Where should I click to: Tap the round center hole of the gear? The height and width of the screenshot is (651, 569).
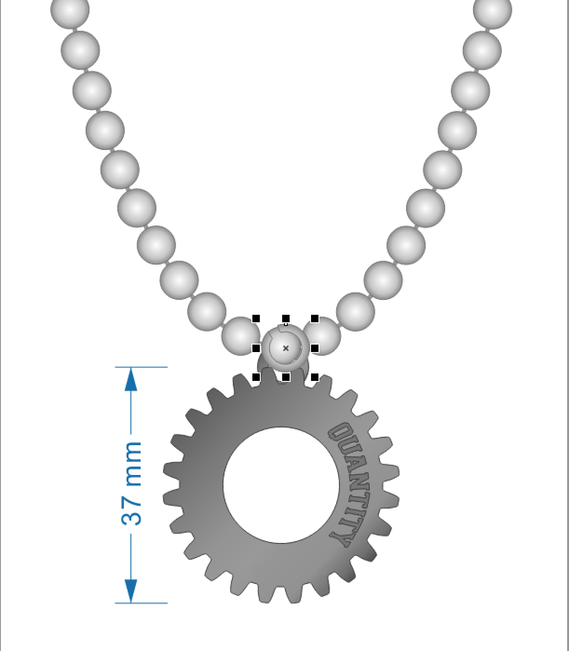[281, 485]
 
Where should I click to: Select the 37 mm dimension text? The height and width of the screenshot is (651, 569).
[132, 484]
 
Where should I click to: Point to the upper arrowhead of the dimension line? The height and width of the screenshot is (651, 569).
[131, 379]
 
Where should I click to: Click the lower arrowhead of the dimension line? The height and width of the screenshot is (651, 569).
[131, 591]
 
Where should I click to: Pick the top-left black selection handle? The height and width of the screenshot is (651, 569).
[256, 319]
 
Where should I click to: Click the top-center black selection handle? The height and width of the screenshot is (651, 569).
[286, 319]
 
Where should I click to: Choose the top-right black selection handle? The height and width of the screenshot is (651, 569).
[315, 319]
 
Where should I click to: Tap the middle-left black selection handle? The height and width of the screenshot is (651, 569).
[256, 348]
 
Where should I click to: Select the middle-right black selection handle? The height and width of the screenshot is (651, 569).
[315, 348]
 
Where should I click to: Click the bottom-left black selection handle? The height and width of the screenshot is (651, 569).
[256, 377]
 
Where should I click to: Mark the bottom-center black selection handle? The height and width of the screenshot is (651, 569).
[286, 377]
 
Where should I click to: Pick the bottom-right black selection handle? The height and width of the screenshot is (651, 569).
[315, 377]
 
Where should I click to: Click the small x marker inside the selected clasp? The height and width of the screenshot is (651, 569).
[286, 348]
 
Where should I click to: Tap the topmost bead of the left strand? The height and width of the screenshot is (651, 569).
[69, 10]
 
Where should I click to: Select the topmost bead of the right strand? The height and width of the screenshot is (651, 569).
[493, 10]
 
